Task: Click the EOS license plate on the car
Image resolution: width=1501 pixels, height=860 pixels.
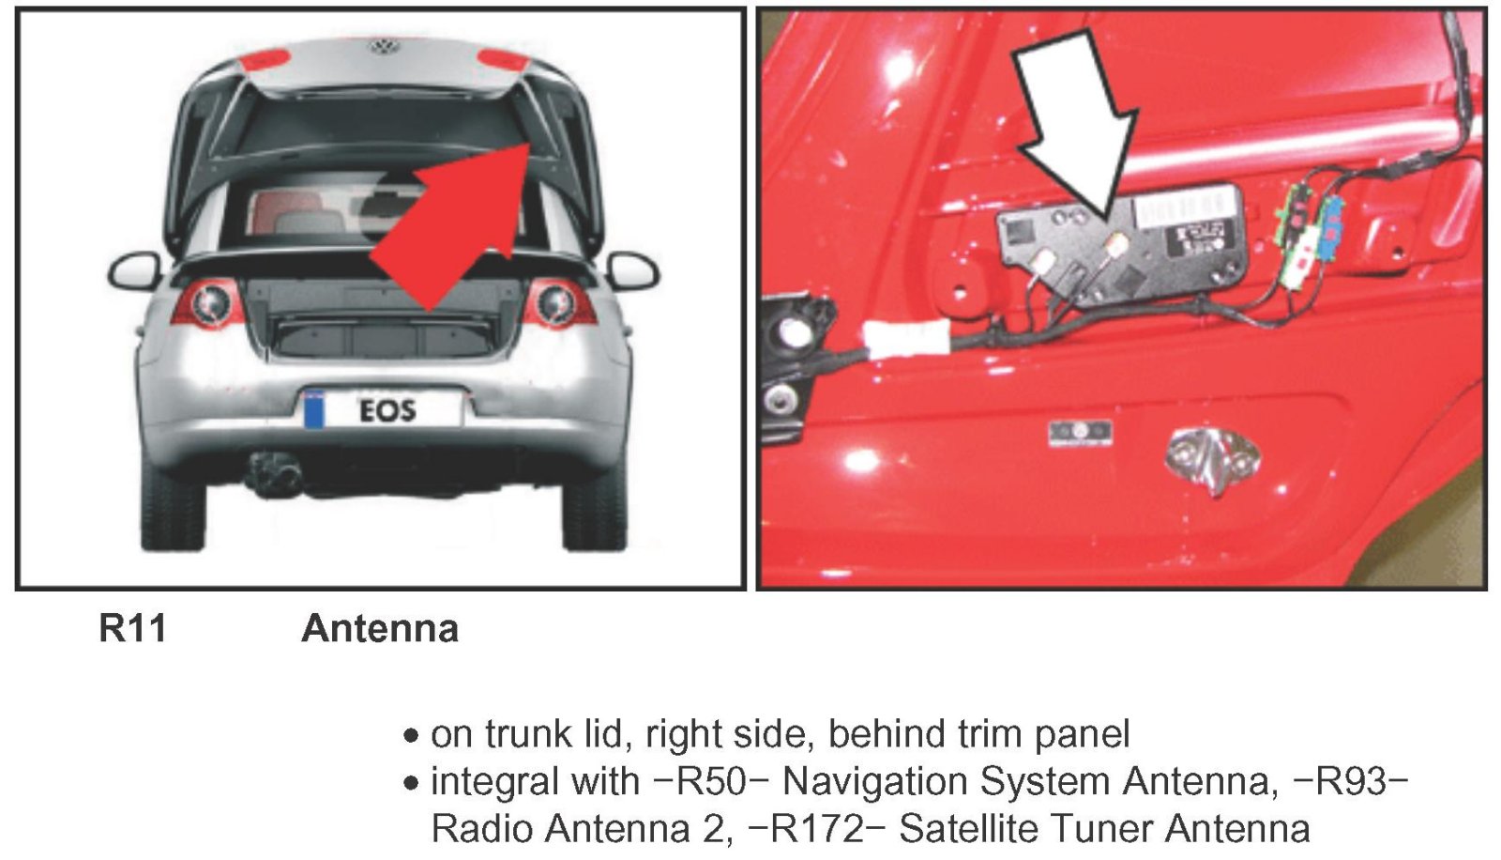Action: (384, 409)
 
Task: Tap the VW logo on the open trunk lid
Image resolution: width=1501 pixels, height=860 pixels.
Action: (384, 46)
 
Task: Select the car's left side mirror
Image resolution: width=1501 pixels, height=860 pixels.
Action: (134, 271)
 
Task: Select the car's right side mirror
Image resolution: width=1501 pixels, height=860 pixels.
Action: (632, 271)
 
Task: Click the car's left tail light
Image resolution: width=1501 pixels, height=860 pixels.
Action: (207, 302)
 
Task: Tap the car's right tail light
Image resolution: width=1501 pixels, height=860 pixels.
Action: (558, 302)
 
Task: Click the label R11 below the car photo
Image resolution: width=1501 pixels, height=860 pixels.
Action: (132, 628)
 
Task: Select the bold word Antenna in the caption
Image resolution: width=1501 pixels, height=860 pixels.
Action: (380, 628)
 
